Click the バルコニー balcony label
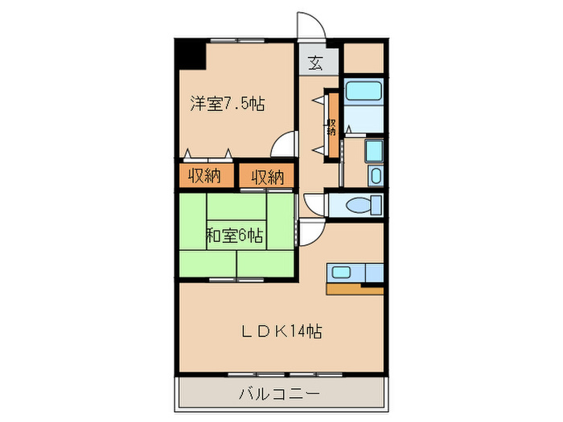click(x=280, y=394)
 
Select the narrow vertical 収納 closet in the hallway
click(x=330, y=125)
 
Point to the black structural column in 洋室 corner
click(x=191, y=54)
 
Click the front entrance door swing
click(x=312, y=26)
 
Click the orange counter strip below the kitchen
click(x=354, y=289)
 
